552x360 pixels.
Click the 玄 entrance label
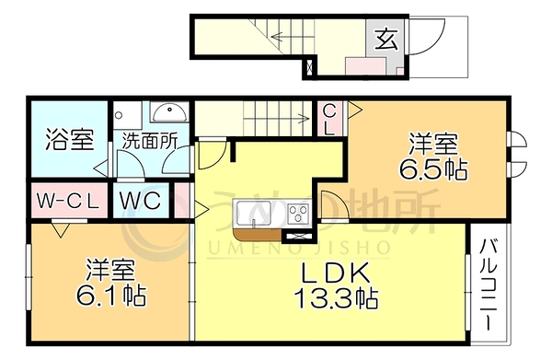click(x=386, y=39)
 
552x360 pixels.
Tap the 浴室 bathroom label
click(x=70, y=140)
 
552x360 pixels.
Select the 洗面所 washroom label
click(x=150, y=141)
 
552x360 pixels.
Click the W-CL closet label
click(x=68, y=201)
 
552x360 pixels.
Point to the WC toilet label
click(x=140, y=201)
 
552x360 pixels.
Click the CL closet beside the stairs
click(x=329, y=120)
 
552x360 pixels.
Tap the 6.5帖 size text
click(x=433, y=169)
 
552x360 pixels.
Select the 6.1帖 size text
click(x=111, y=296)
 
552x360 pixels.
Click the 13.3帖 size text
click(x=336, y=298)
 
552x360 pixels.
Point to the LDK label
click(x=336, y=273)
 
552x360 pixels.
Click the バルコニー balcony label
click(x=489, y=285)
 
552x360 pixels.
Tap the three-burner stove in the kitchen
click(x=298, y=213)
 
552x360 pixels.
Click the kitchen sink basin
click(x=254, y=213)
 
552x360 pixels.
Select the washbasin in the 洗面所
click(x=169, y=112)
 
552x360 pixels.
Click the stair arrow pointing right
click(x=277, y=119)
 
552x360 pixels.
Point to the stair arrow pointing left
click(x=293, y=36)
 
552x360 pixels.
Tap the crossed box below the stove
click(x=297, y=237)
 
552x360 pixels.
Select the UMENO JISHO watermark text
click(x=298, y=249)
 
